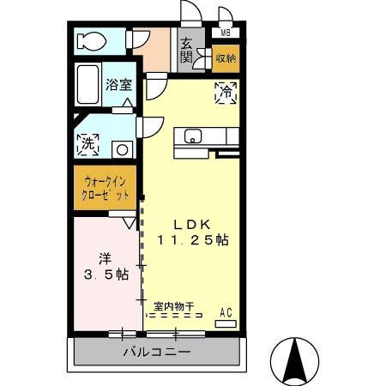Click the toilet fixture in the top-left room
[91, 40]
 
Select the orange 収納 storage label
[226, 58]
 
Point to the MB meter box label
[226, 33]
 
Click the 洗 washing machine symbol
[87, 145]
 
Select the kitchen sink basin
[191, 136]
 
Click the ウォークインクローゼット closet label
[106, 188]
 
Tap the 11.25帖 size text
[192, 240]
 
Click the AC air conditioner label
[226, 312]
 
